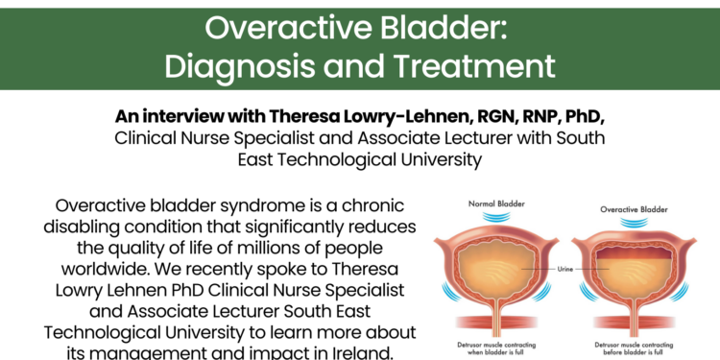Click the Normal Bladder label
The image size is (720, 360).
pyautogui.click(x=497, y=204)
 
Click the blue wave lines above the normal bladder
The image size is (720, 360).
pyautogui.click(x=496, y=220)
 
